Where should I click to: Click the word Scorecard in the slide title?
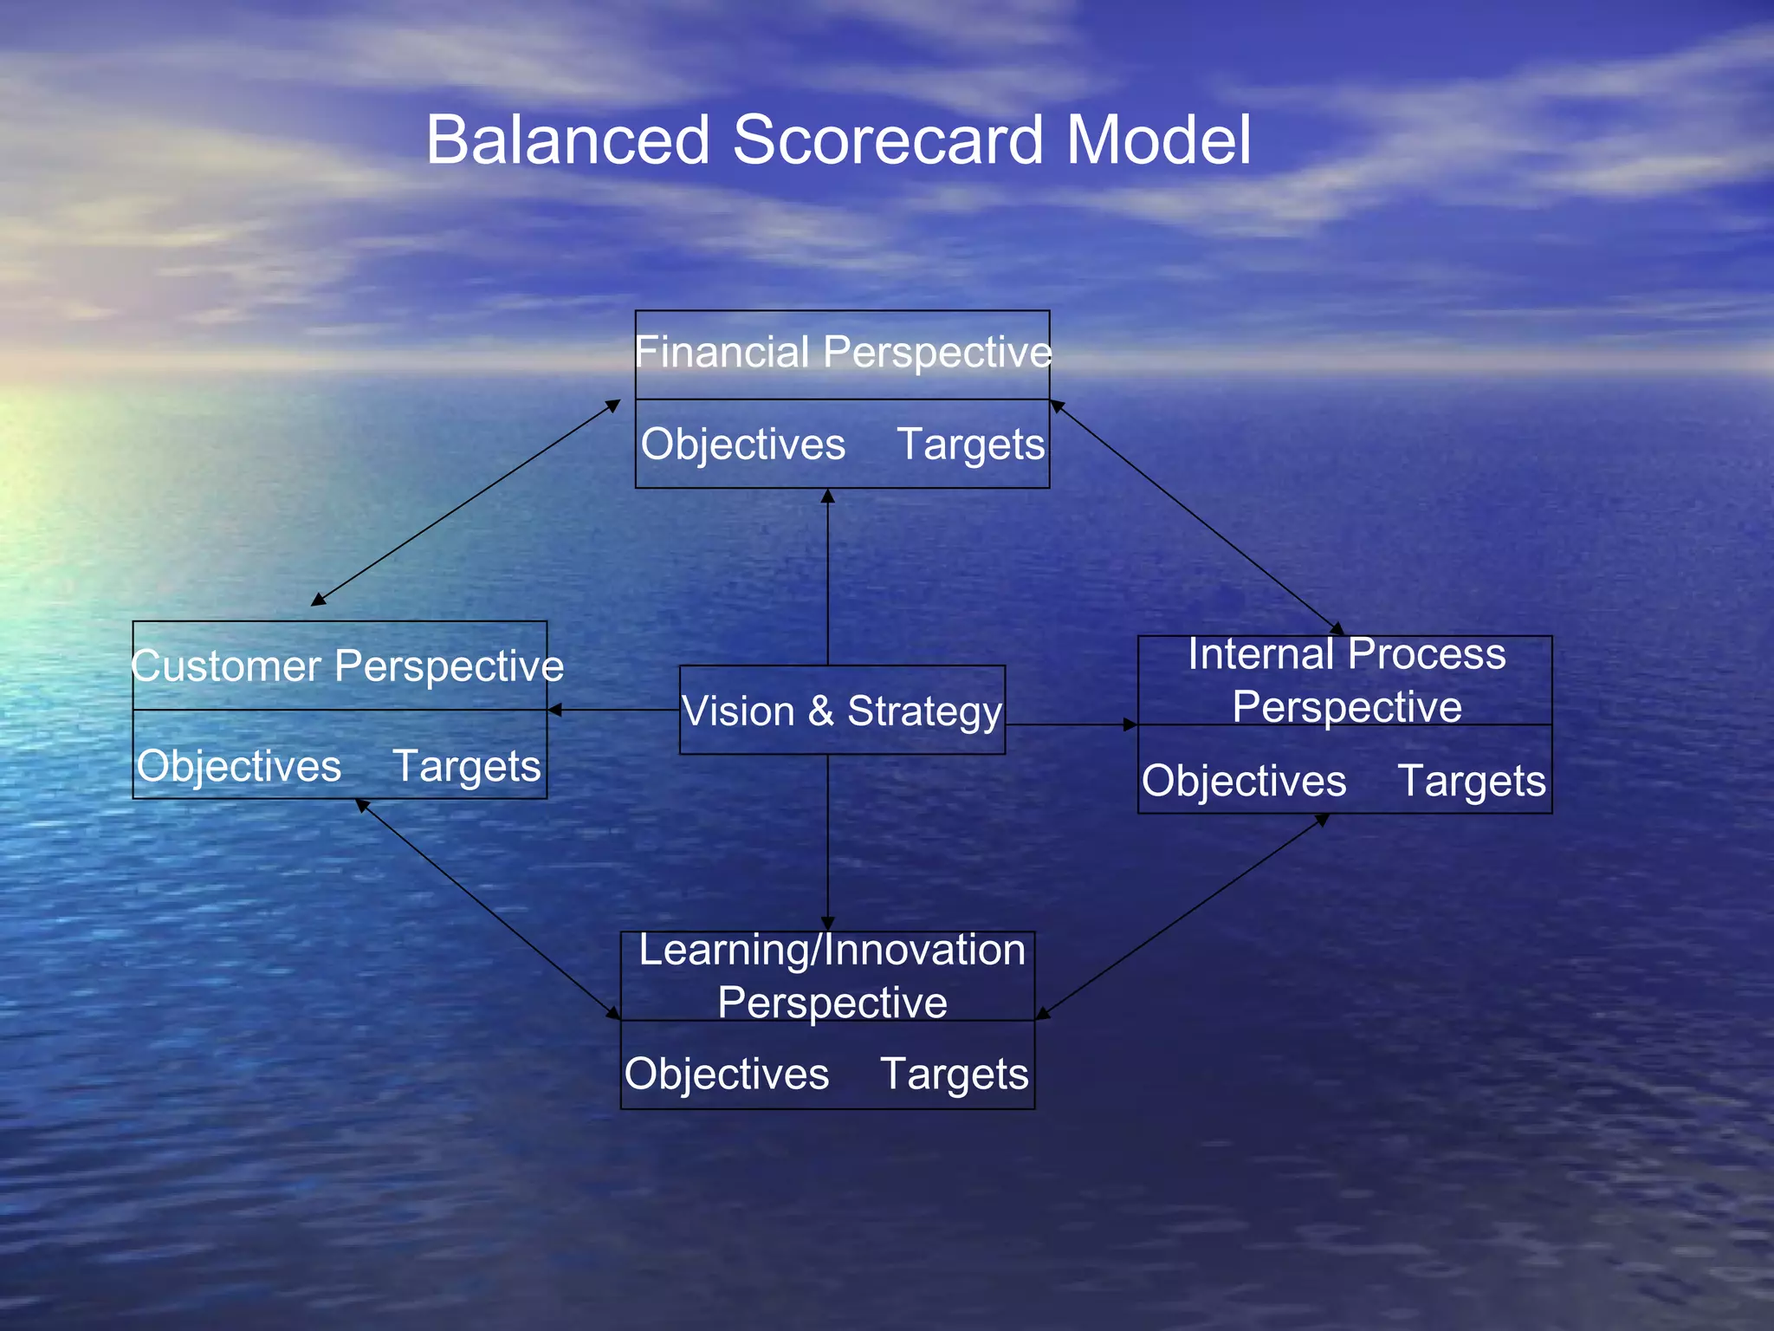pos(888,140)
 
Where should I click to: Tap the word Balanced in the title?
pos(567,140)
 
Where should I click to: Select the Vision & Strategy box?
pos(842,711)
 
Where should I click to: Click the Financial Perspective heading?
pos(842,353)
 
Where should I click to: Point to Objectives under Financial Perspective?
pos(742,445)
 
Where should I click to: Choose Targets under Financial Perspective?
pos(970,445)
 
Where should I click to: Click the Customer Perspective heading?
pos(346,666)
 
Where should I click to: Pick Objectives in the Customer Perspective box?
pos(239,767)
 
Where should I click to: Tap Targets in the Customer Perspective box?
pos(467,767)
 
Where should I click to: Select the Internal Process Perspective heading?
pos(1346,680)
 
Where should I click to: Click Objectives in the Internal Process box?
pos(1244,782)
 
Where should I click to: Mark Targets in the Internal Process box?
pos(1472,782)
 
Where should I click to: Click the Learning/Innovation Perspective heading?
pos(832,977)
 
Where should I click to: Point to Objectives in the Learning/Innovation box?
pos(727,1075)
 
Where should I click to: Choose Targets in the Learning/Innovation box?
pos(955,1075)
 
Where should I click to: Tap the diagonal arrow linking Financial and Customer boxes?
pos(466,503)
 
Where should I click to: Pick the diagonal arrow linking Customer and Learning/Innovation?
pos(489,909)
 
